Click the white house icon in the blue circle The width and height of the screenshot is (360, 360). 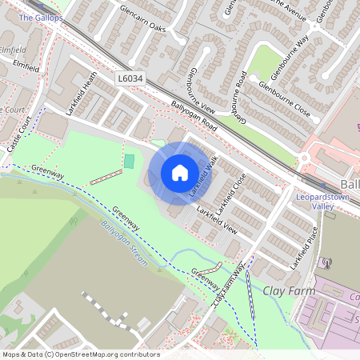coord(180,173)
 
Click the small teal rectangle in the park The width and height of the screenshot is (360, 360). coord(129,162)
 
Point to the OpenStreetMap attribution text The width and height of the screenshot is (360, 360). coord(81,354)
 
